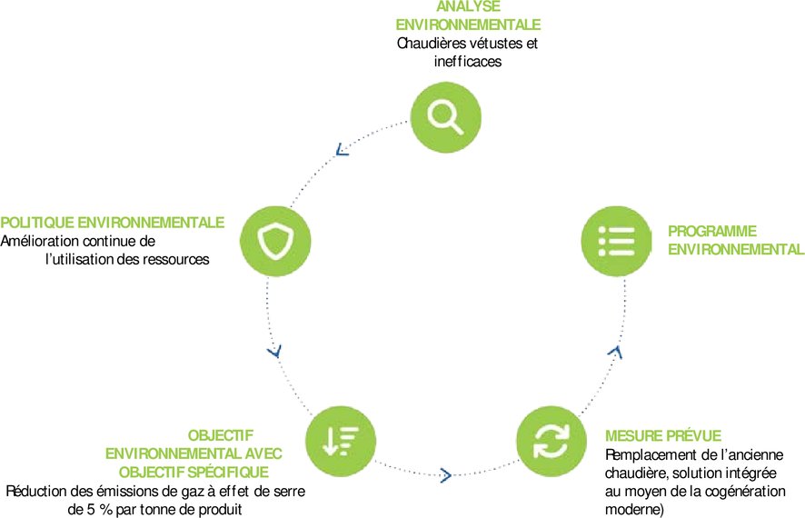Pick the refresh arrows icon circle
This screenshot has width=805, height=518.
pos(551,441)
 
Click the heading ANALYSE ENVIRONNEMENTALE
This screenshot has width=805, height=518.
pos(469,15)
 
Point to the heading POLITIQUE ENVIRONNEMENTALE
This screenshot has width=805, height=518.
pos(113,223)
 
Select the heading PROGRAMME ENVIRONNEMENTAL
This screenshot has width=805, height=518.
pos(736,240)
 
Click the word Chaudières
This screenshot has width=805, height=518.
pos(432,43)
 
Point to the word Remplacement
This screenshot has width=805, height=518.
pos(649,454)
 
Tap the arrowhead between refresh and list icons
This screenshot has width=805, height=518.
pos(615,350)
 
